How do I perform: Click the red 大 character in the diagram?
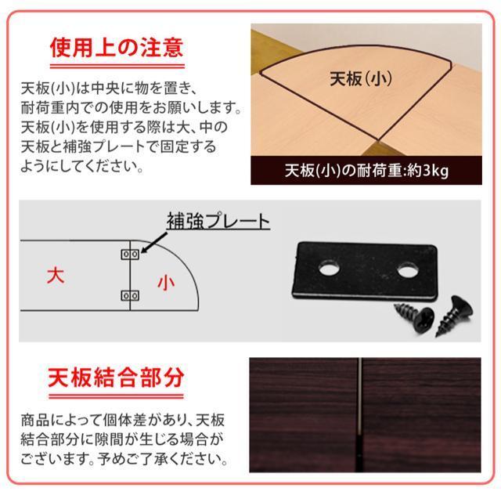point(55,276)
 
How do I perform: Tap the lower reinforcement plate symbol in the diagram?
point(130,296)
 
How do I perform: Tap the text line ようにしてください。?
point(74,166)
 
